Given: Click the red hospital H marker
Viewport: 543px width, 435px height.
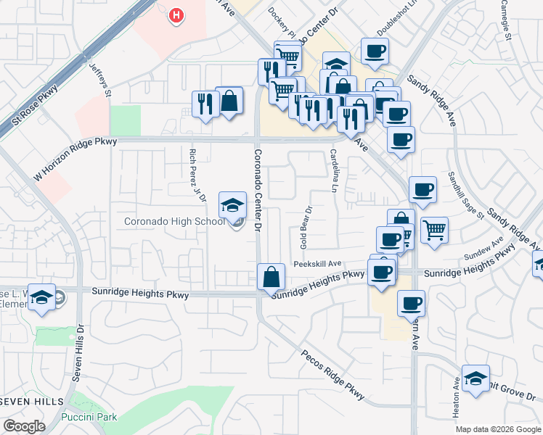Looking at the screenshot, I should point(175,15).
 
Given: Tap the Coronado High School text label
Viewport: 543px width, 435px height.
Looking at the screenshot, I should point(173,221).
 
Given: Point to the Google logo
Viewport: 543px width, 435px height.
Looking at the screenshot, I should point(23,426).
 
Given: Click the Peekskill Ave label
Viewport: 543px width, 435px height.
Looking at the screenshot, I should point(317,264).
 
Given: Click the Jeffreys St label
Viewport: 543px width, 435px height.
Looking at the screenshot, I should point(99,80).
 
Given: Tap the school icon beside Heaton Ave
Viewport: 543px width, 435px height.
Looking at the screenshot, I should point(475,378).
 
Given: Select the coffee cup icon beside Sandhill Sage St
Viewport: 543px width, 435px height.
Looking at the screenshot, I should point(422,191).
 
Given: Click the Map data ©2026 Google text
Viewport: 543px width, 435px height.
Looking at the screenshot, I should point(498,429).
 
